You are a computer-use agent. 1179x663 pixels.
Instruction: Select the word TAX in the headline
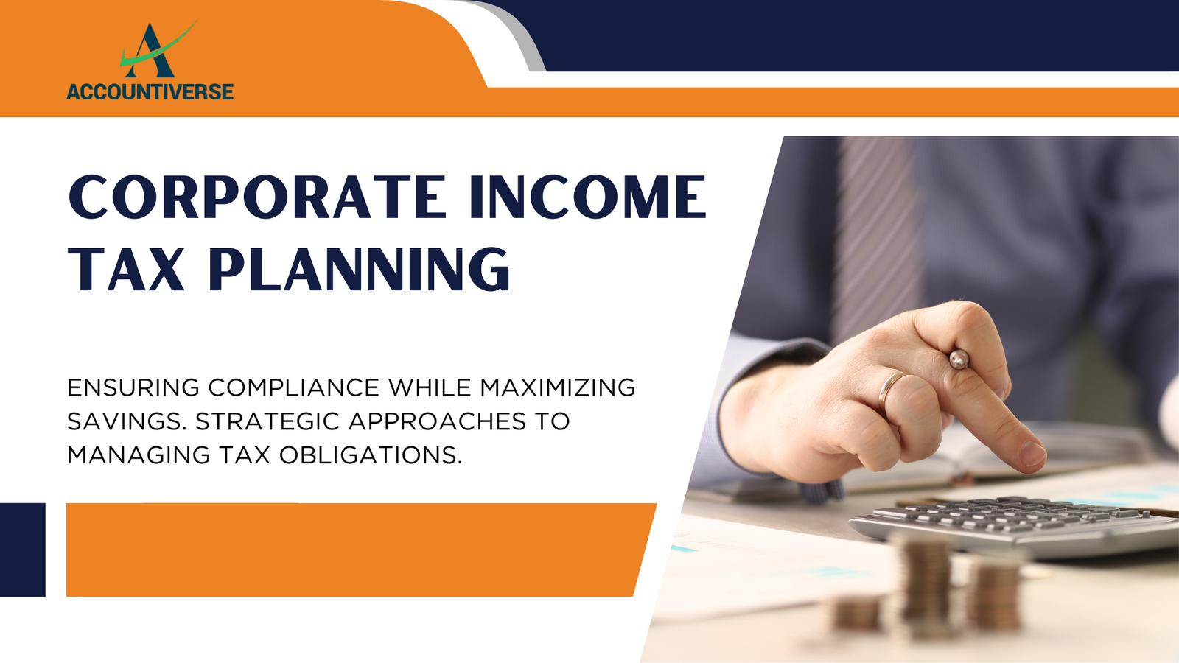[x=127, y=269]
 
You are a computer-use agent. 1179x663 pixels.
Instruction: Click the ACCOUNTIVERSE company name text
[x=150, y=91]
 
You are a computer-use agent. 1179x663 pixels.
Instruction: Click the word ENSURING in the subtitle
[x=133, y=387]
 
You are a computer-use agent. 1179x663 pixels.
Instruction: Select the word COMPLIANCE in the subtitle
[x=294, y=387]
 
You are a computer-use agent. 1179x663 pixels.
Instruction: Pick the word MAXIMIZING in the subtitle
[x=557, y=387]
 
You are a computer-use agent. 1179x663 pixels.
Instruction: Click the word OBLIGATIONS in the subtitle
[x=371, y=455]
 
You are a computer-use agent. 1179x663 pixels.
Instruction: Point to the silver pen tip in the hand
[x=959, y=359]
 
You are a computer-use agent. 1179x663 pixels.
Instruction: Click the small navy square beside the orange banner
[x=23, y=550]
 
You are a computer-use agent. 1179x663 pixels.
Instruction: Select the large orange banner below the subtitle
[x=361, y=550]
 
